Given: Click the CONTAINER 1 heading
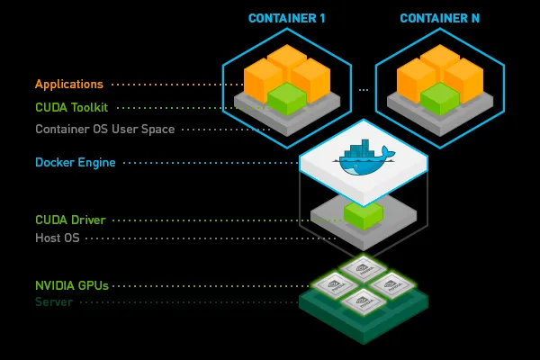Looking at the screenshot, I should point(287,18).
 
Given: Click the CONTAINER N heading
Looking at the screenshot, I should point(439,18).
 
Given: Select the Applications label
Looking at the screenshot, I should point(69,85).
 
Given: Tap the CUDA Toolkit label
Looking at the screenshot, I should point(72,107).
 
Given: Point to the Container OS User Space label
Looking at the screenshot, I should point(104,129).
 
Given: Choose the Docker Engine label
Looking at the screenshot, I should point(74,163).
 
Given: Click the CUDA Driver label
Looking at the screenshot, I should point(70,220).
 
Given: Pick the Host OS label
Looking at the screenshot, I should point(58,238).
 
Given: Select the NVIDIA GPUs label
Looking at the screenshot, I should point(71,285).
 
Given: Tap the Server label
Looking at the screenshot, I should point(53,302).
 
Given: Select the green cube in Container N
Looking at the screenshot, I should point(440,98).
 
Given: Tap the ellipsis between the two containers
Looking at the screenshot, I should point(364,90).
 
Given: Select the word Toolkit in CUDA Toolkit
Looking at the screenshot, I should point(90,107).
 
